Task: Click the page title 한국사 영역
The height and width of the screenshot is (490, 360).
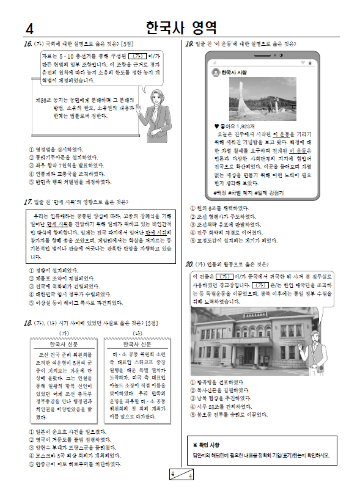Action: click(x=181, y=27)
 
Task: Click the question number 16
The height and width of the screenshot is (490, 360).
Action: click(x=28, y=45)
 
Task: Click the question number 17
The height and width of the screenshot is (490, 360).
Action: click(x=28, y=202)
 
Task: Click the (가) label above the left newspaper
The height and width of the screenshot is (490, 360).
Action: click(x=62, y=332)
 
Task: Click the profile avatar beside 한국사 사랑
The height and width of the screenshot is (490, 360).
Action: click(x=216, y=72)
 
